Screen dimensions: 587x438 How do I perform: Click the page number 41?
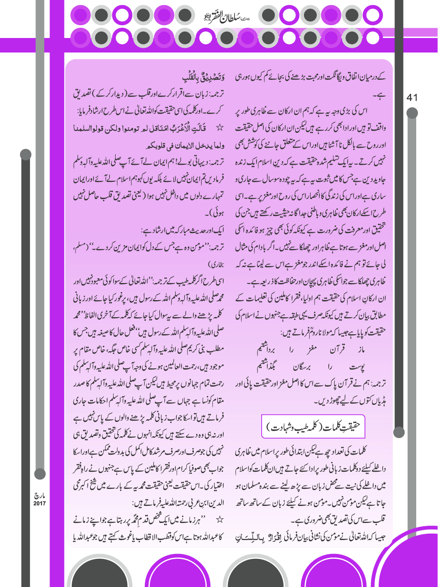tap(412, 98)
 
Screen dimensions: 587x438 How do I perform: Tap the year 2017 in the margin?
tap(39, 503)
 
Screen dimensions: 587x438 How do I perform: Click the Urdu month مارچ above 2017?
tap(39, 496)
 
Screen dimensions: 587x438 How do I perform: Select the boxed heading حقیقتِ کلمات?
tap(313, 426)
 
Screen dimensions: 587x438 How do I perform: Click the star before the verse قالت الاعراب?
tap(219, 128)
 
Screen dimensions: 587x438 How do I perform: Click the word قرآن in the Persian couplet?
tap(337, 350)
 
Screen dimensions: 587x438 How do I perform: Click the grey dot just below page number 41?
tap(412, 113)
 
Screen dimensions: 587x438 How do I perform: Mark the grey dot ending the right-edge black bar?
tap(399, 432)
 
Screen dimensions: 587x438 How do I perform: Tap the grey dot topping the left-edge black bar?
tap(26, 155)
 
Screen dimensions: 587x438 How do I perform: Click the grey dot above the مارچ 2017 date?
tap(40, 473)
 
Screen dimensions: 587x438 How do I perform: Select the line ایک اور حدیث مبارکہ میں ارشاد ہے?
tap(183, 230)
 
